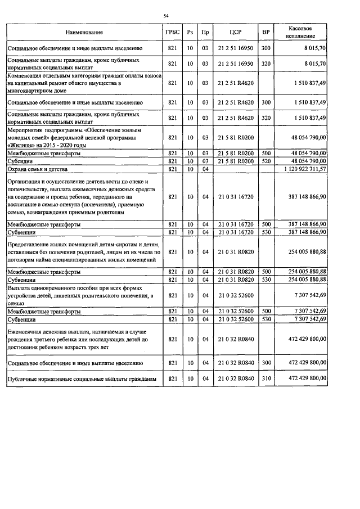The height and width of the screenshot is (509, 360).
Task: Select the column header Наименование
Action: pos(84,33)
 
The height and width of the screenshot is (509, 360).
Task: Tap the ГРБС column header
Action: pos(173,33)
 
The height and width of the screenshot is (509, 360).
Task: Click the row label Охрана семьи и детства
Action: pos(38,169)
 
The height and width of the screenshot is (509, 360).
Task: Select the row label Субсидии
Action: pos(20,161)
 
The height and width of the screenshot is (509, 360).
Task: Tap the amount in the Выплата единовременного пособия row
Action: pos(307,295)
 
